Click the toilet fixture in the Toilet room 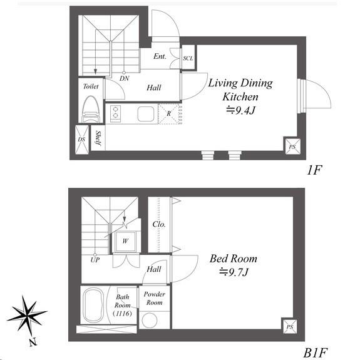coord(91,110)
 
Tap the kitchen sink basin coord(145,114)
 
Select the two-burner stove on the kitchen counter coord(115,114)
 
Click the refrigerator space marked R coord(170,114)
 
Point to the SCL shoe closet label coord(188,58)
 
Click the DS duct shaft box coord(82,140)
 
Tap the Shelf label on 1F coord(98,138)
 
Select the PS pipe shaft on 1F coord(292,147)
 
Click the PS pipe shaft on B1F coord(289,326)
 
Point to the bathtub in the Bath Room coord(93,305)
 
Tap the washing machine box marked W coord(125,241)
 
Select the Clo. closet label coord(159,224)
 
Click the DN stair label coord(124,78)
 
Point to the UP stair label coord(95,260)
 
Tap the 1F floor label coord(314,170)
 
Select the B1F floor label coord(315,352)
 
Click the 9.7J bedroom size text coord(234,272)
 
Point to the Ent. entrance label coord(160,56)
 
